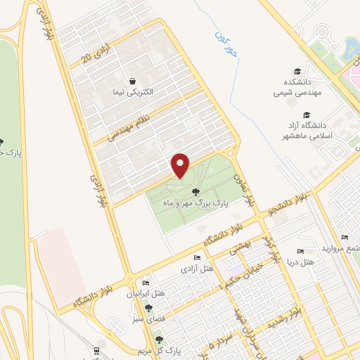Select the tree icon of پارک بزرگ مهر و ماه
[x=195, y=191]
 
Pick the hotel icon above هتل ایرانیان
[x=146, y=282]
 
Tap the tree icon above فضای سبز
[x=148, y=308]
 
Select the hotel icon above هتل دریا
[x=301, y=251]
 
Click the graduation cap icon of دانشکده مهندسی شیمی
[x=297, y=71]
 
